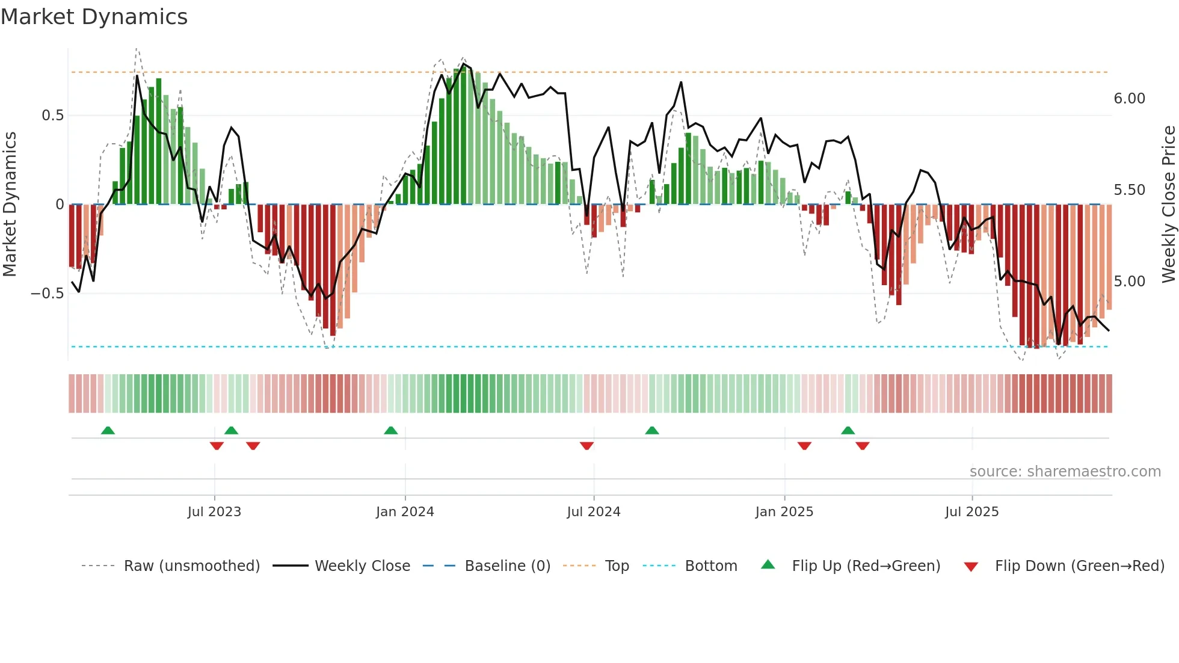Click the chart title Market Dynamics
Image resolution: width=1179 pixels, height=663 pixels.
[94, 17]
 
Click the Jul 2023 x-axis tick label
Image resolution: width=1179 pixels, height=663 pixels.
[214, 512]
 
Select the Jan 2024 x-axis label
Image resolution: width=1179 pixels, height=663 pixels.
[405, 512]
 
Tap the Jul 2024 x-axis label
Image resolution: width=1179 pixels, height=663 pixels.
[593, 512]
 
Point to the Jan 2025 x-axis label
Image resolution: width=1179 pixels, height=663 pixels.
[784, 512]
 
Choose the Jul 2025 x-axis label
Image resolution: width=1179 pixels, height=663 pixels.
[971, 512]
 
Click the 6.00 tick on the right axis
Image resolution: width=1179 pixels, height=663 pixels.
[1129, 99]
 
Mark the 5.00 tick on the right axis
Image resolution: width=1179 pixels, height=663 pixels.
[1129, 282]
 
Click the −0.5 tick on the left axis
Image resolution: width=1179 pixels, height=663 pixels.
[47, 294]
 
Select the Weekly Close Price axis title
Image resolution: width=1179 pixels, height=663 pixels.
[1168, 204]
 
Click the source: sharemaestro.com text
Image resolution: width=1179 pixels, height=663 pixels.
[1065, 472]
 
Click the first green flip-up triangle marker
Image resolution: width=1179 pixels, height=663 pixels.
[108, 430]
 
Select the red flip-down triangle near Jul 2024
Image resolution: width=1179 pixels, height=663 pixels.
[586, 446]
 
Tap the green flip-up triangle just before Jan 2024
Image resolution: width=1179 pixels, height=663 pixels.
[390, 430]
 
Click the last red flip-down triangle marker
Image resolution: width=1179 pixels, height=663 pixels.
[862, 446]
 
